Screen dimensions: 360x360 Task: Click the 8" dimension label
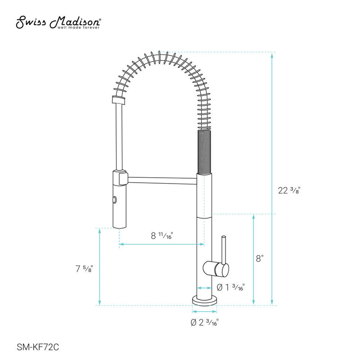pos(259,258)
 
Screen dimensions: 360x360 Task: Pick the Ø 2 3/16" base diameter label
pos(205,322)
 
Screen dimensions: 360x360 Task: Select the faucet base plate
pos(205,299)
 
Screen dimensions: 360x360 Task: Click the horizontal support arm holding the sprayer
pos(162,180)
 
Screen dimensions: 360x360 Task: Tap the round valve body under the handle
pos(216,269)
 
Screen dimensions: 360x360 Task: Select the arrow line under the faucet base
pos(205,311)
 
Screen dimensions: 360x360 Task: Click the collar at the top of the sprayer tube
pos(118,100)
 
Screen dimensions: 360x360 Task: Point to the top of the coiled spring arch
pos(157,58)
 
